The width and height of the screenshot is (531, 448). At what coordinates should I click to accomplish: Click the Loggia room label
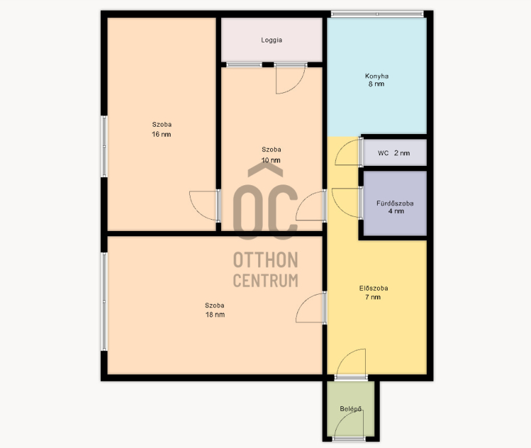271,40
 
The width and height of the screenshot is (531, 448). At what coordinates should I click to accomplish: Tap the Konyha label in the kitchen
376,76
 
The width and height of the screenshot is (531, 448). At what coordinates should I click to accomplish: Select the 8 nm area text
376,84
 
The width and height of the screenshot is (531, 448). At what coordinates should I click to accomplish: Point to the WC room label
383,153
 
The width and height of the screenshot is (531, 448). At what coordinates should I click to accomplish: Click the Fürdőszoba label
395,203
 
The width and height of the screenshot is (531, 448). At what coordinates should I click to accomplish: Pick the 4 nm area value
396,211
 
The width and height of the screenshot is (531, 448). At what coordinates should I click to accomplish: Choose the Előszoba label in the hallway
374,289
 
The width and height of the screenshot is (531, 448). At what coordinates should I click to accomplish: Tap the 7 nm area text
373,297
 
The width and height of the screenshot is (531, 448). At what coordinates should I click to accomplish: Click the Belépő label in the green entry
351,409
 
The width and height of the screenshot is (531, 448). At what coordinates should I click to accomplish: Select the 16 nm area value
161,134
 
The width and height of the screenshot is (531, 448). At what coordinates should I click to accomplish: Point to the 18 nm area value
214,315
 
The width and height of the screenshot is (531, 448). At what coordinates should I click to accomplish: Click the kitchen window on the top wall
377,14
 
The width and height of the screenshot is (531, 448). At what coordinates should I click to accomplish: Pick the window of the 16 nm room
104,146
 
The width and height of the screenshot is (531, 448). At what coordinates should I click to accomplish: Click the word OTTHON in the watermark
265,260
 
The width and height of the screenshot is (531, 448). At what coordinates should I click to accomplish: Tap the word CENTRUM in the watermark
265,280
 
